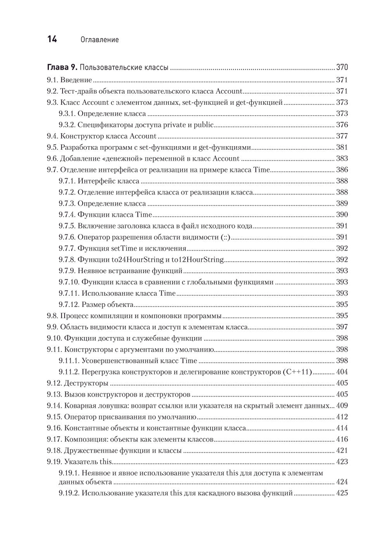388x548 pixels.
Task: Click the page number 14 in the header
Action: (x=52, y=39)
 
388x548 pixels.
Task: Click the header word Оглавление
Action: (x=99, y=40)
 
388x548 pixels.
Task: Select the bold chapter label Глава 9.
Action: (x=62, y=68)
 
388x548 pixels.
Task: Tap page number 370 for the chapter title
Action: (x=342, y=68)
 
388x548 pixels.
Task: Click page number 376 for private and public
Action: (x=342, y=125)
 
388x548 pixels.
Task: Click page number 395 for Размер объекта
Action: (x=342, y=305)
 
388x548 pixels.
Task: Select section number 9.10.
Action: (x=54, y=338)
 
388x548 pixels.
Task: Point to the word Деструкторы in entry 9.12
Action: (x=86, y=383)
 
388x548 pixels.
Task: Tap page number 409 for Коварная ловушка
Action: (x=342, y=406)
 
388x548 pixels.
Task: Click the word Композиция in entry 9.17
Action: (x=87, y=440)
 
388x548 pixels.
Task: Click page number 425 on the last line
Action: (x=342, y=493)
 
